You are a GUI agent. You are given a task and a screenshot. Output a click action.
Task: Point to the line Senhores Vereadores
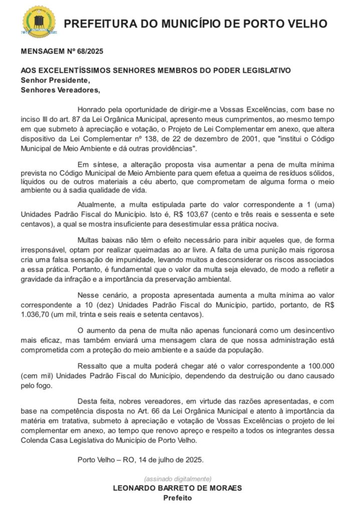(x=60, y=90)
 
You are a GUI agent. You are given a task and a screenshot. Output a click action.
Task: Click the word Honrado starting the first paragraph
(x=93, y=110)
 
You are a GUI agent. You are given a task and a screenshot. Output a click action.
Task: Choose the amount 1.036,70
(x=38, y=314)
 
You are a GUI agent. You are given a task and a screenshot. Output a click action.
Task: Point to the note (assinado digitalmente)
(x=177, y=478)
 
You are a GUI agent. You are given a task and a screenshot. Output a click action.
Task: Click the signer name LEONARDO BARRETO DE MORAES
(x=177, y=488)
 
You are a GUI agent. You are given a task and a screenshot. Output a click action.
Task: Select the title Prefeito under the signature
(x=177, y=498)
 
